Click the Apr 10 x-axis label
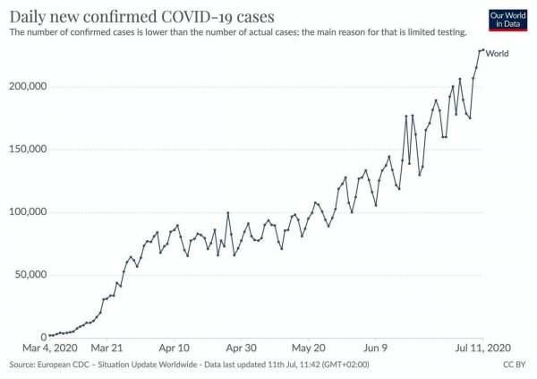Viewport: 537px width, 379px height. tap(174, 348)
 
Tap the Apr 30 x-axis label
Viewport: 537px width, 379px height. tap(242, 348)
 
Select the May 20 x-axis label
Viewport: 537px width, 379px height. tap(310, 348)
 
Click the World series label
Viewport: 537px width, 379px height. tap(497, 54)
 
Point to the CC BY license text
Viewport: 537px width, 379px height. tap(514, 365)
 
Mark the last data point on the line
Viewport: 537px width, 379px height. tap(482, 50)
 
